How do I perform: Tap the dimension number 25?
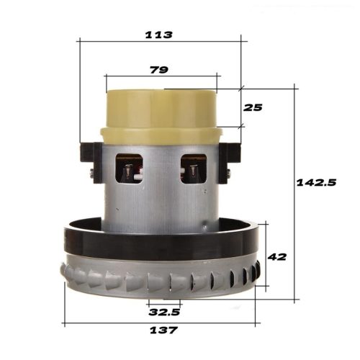click(x=253, y=107)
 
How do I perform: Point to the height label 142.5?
click(x=317, y=183)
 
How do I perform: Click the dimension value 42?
click(x=277, y=256)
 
